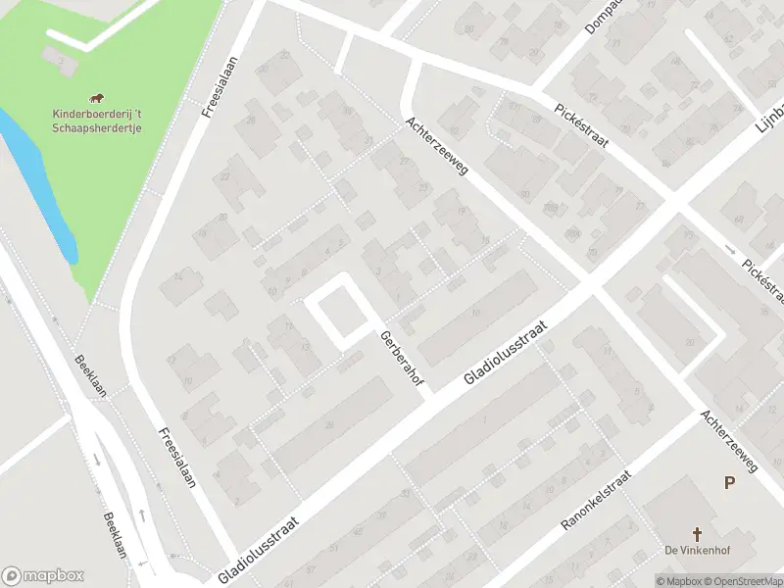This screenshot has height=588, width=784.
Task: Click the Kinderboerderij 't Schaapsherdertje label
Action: click(x=96, y=121)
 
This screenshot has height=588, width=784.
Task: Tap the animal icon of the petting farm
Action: click(x=96, y=97)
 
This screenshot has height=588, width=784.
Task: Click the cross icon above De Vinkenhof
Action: click(x=697, y=533)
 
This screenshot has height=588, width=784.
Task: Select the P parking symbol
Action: click(x=729, y=482)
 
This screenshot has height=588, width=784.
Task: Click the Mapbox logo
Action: click(x=42, y=576)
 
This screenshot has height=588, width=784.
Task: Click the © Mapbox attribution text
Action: click(x=679, y=581)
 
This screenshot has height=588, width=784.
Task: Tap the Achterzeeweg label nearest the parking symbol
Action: click(x=729, y=443)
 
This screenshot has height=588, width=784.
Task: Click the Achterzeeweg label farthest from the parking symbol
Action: click(x=438, y=147)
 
